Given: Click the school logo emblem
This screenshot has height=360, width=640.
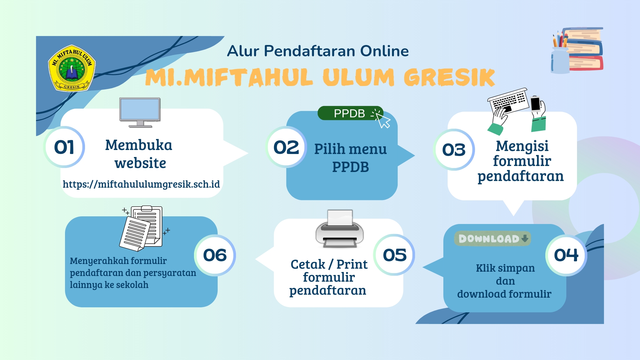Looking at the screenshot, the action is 72,68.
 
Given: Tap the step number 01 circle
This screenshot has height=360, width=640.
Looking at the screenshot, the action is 64,147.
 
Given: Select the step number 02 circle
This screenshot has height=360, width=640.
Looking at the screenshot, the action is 286,147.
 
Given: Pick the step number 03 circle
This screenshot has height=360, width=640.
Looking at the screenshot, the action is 454,150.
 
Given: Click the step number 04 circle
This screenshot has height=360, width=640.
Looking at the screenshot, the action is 566,255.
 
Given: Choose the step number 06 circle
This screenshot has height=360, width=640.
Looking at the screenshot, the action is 215,255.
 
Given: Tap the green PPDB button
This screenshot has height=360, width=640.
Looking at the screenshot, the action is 350,113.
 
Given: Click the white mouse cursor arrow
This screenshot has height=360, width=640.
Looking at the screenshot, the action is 383,121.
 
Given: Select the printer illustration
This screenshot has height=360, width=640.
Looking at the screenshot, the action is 340,229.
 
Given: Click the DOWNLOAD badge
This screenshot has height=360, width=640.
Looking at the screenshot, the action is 492,239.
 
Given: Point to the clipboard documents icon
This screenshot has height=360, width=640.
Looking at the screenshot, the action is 143,228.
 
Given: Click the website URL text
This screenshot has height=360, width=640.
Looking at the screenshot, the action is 141,184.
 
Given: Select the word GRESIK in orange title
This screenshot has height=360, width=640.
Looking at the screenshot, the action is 449,77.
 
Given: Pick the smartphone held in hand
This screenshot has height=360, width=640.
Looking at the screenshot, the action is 536,104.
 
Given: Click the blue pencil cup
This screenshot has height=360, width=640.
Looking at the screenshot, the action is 560,60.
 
